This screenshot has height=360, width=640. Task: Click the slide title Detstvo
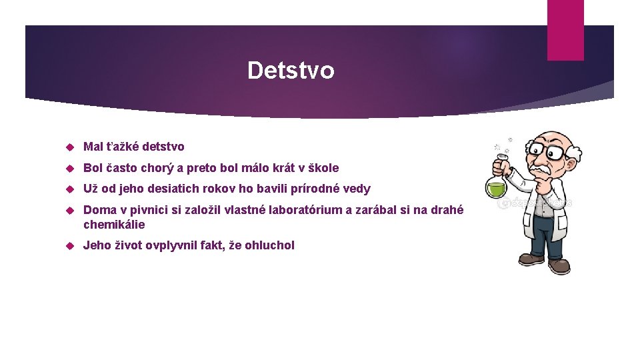point(291,70)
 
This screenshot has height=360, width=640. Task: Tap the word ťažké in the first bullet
point(122,147)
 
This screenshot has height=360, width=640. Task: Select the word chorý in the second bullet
point(158,168)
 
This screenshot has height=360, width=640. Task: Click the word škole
point(323,168)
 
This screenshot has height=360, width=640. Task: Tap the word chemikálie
point(114,225)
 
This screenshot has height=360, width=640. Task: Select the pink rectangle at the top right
point(565,30)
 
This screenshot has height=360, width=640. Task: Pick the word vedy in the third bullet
point(357,189)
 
